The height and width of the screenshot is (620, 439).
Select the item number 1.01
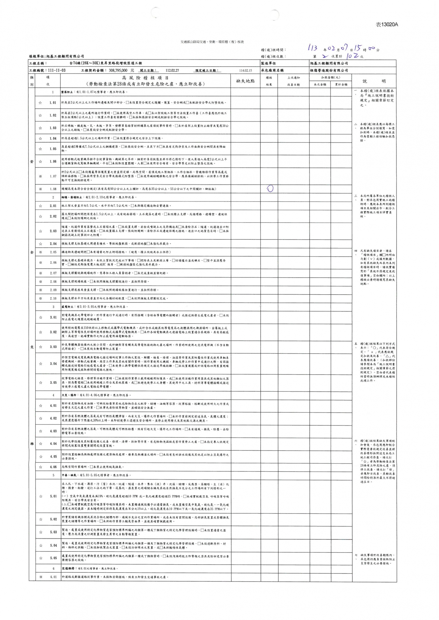[x=53, y=103]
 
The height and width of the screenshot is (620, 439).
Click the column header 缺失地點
[x=246, y=81]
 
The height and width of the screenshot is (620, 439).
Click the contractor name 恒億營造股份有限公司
[x=329, y=70]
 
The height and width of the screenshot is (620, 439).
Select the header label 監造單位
[x=268, y=63]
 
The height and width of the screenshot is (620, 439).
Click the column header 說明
[x=374, y=81]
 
